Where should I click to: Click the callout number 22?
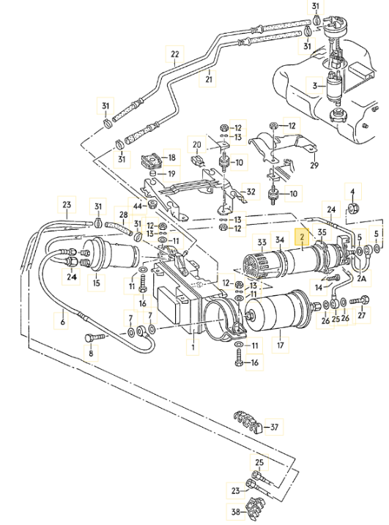[174, 55]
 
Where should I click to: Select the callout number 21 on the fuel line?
[208, 80]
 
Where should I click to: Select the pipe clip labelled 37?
[247, 423]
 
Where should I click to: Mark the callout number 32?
[251, 192]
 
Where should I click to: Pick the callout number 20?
[196, 144]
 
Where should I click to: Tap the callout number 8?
[92, 353]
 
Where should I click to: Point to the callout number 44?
[138, 206]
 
